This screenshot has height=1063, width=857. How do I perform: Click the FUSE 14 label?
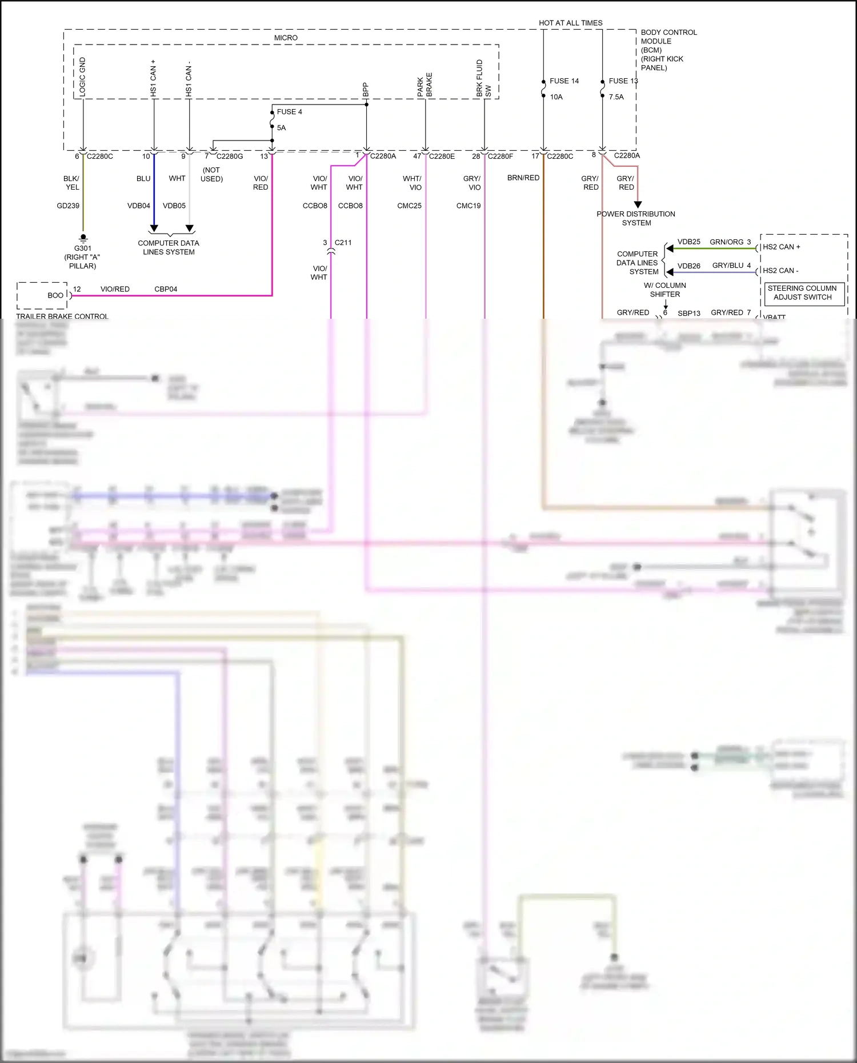point(564,81)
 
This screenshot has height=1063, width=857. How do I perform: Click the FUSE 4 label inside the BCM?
point(289,112)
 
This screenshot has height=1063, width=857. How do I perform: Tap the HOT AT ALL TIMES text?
point(570,23)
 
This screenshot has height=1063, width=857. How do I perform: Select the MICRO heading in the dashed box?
point(286,38)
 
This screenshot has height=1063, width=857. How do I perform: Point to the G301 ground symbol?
point(83,237)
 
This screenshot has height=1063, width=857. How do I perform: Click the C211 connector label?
point(343,242)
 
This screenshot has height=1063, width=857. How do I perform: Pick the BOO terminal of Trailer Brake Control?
point(55,295)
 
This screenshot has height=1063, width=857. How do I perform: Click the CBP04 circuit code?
point(166,289)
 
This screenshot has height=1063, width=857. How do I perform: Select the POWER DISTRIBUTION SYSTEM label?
point(636,218)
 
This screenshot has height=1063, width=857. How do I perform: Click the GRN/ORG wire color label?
point(726,242)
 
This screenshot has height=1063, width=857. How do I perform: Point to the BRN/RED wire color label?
point(523,178)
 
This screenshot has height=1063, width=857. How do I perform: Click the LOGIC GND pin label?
point(82,77)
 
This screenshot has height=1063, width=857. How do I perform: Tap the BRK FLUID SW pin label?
point(483,78)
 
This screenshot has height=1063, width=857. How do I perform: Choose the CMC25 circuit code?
point(409,206)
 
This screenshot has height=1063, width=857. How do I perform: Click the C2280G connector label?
point(230,156)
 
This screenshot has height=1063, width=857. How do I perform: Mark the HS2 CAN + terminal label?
point(781,247)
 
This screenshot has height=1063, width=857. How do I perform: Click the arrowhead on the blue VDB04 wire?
point(154,228)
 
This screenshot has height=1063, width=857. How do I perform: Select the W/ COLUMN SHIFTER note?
point(664,290)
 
